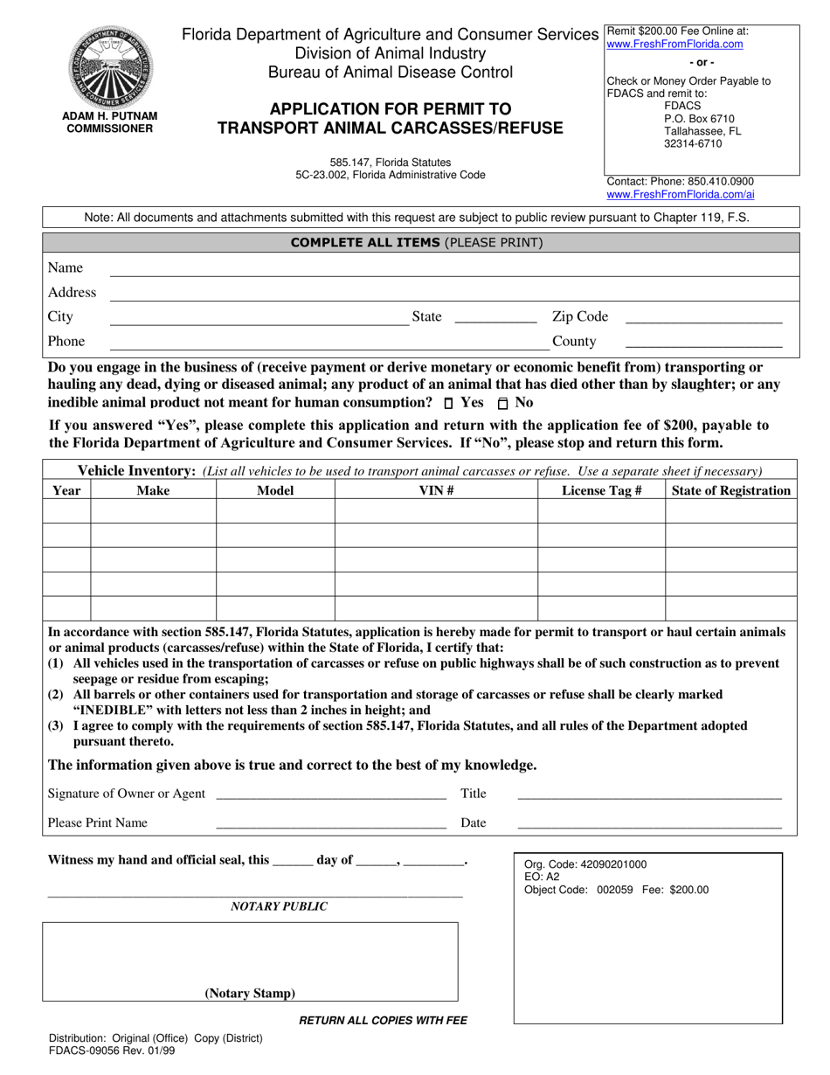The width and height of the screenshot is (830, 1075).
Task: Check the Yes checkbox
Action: point(449,404)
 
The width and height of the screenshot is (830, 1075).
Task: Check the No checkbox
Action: point(502,404)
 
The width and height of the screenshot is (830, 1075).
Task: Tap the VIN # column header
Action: point(436,490)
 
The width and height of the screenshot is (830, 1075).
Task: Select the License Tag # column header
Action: point(601,490)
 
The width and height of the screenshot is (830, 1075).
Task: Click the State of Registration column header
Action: point(730,490)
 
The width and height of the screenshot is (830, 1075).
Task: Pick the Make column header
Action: point(153,490)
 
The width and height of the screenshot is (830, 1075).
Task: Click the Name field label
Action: point(66,267)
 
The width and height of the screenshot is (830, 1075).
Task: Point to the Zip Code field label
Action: point(579,316)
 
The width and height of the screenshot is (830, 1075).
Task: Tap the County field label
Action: point(574,341)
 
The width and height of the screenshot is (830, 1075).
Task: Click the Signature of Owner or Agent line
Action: point(330,794)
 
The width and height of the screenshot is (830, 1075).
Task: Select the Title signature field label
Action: point(473,794)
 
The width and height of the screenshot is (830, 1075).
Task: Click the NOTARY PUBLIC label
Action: point(279,907)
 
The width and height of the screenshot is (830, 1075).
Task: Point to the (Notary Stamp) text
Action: point(250,993)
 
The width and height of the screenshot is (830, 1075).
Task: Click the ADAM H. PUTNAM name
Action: point(109,115)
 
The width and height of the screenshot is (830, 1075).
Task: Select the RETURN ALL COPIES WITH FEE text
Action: point(384,1020)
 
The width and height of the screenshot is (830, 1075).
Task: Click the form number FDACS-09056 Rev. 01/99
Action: point(111,1051)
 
